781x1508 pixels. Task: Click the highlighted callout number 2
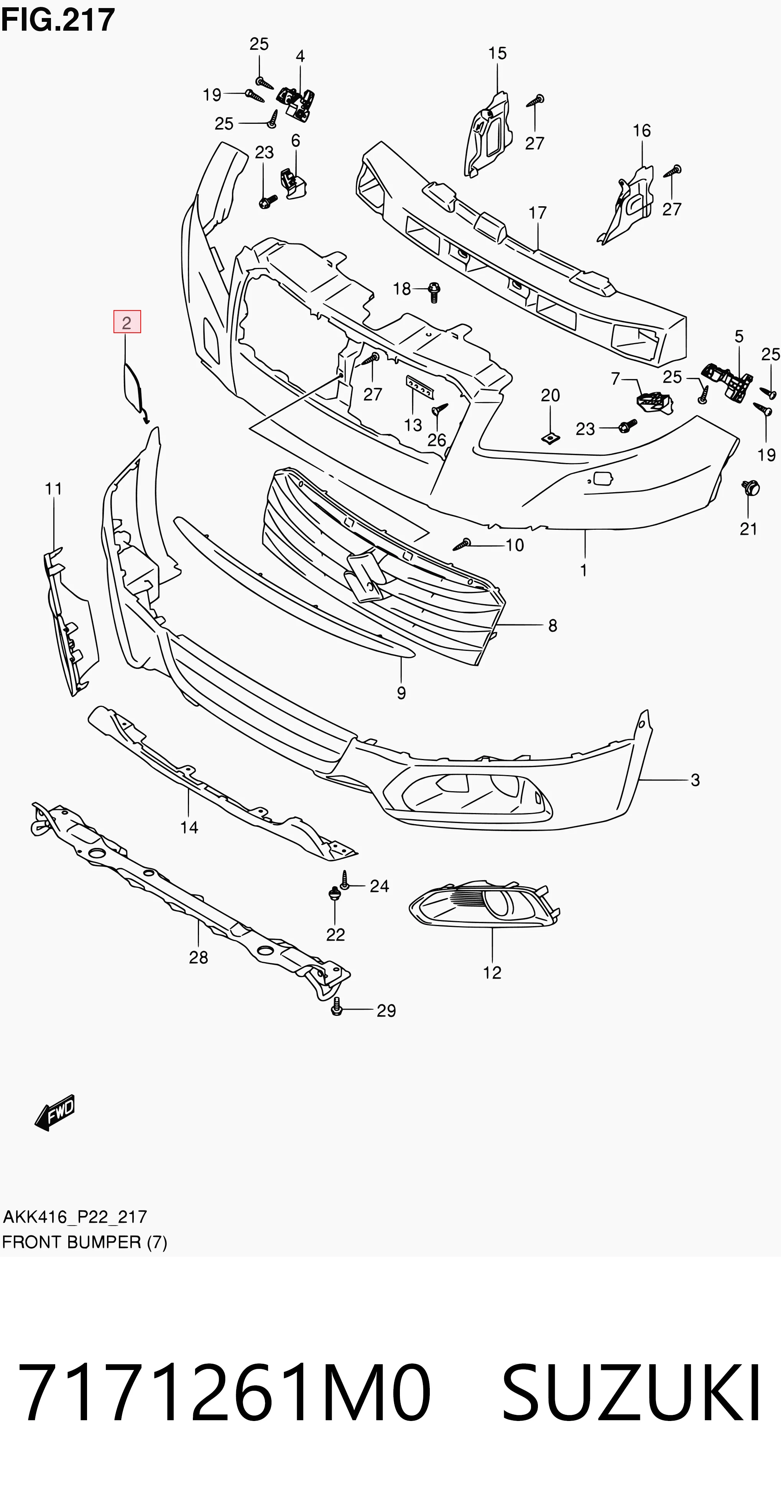[x=127, y=322]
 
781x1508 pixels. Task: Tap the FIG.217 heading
[x=58, y=20]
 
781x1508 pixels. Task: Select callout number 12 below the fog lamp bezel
[x=492, y=972]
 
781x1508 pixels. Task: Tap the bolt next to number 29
[x=336, y=1006]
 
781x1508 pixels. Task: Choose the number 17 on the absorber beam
[x=538, y=212]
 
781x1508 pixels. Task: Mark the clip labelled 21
[x=750, y=487]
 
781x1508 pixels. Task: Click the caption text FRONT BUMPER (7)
[x=85, y=1242]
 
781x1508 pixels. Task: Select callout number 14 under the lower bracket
[x=189, y=827]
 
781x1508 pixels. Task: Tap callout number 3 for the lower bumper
[x=695, y=780]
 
